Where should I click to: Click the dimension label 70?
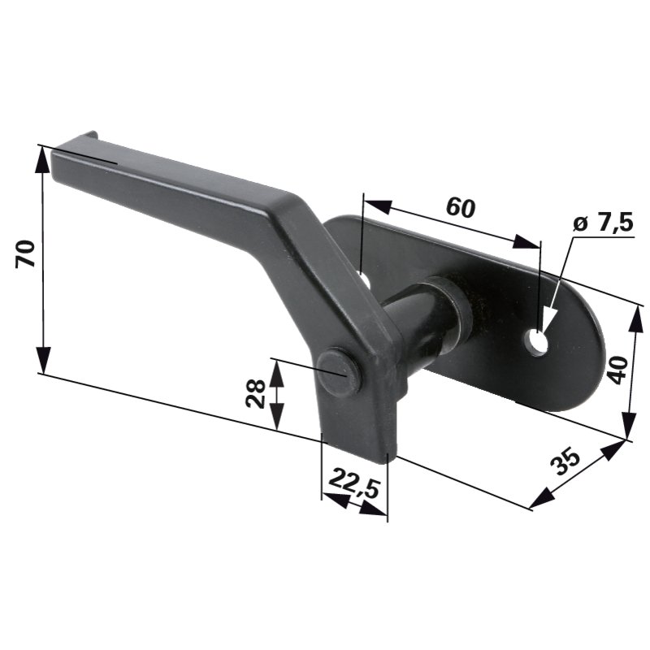[x=25, y=253]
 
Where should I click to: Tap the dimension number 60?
[x=461, y=207]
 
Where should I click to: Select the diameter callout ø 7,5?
[x=603, y=223]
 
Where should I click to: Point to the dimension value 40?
[x=617, y=370]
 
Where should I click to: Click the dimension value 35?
[x=565, y=461]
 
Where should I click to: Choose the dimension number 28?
[x=255, y=394]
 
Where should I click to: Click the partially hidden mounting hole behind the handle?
[x=365, y=279]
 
